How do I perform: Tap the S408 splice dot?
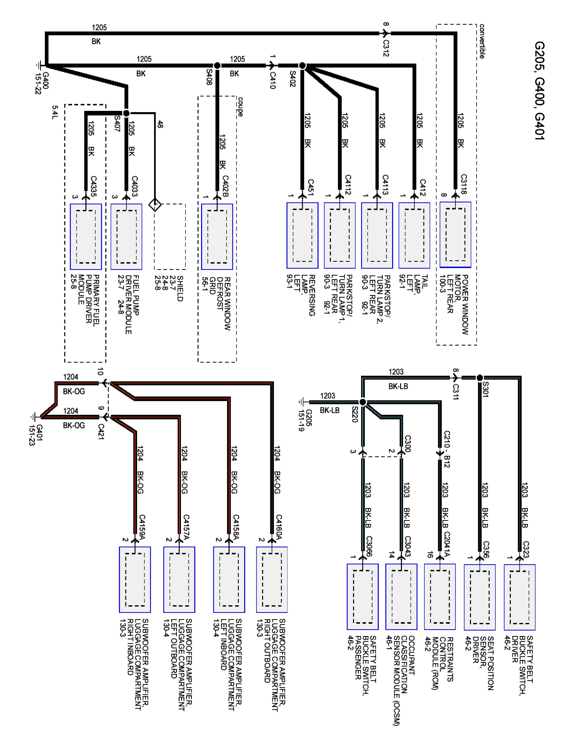[x=217, y=65]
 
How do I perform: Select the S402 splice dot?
[x=302, y=65]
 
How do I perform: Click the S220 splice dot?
[x=363, y=402]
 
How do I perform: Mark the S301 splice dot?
[x=480, y=378]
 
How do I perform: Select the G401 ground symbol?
[x=34, y=417]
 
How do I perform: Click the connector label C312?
[x=386, y=48]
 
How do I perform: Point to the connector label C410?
[x=272, y=80]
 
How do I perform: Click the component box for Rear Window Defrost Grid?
[x=217, y=237]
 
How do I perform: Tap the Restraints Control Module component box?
[x=439, y=596]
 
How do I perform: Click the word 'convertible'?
[x=482, y=41]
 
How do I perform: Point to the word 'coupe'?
[x=240, y=107]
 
